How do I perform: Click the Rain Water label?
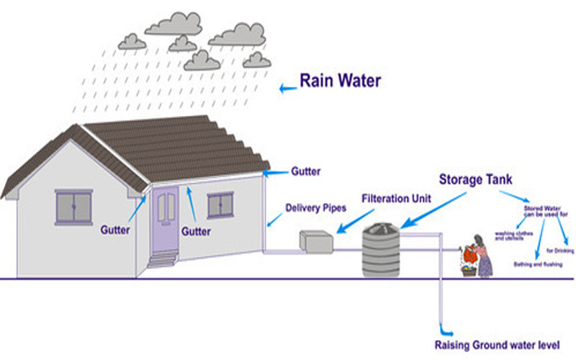click(x=340, y=81)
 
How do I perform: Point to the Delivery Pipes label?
click(x=315, y=208)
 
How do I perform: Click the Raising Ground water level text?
click(x=506, y=344)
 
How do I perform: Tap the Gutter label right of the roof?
click(x=305, y=172)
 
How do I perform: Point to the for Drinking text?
click(x=559, y=251)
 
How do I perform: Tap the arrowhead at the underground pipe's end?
click(x=441, y=325)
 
